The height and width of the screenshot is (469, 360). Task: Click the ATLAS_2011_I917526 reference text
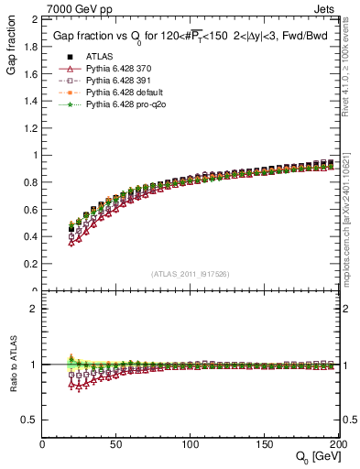click(189, 274)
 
